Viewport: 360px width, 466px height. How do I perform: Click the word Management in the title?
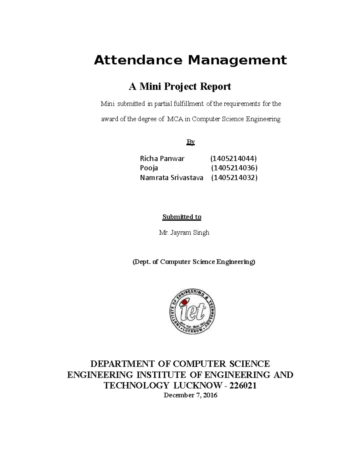(237, 60)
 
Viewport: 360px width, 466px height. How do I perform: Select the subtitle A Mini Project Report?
(180, 87)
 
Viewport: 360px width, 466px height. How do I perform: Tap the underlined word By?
(191, 142)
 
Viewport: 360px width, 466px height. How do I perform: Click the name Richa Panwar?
(162, 158)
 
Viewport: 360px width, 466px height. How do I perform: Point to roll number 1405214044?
(233, 158)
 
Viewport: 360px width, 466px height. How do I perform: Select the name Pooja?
(149, 168)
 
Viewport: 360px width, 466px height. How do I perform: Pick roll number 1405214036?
(234, 168)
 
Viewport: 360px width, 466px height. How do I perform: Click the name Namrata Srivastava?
(172, 178)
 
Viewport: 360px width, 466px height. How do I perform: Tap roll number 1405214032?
(234, 178)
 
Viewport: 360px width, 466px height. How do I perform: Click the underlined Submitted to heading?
(182, 217)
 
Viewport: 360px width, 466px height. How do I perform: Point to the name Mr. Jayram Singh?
(184, 233)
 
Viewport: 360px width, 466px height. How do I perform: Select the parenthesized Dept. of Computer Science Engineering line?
(194, 262)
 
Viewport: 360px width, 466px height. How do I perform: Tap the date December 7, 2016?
(190, 395)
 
